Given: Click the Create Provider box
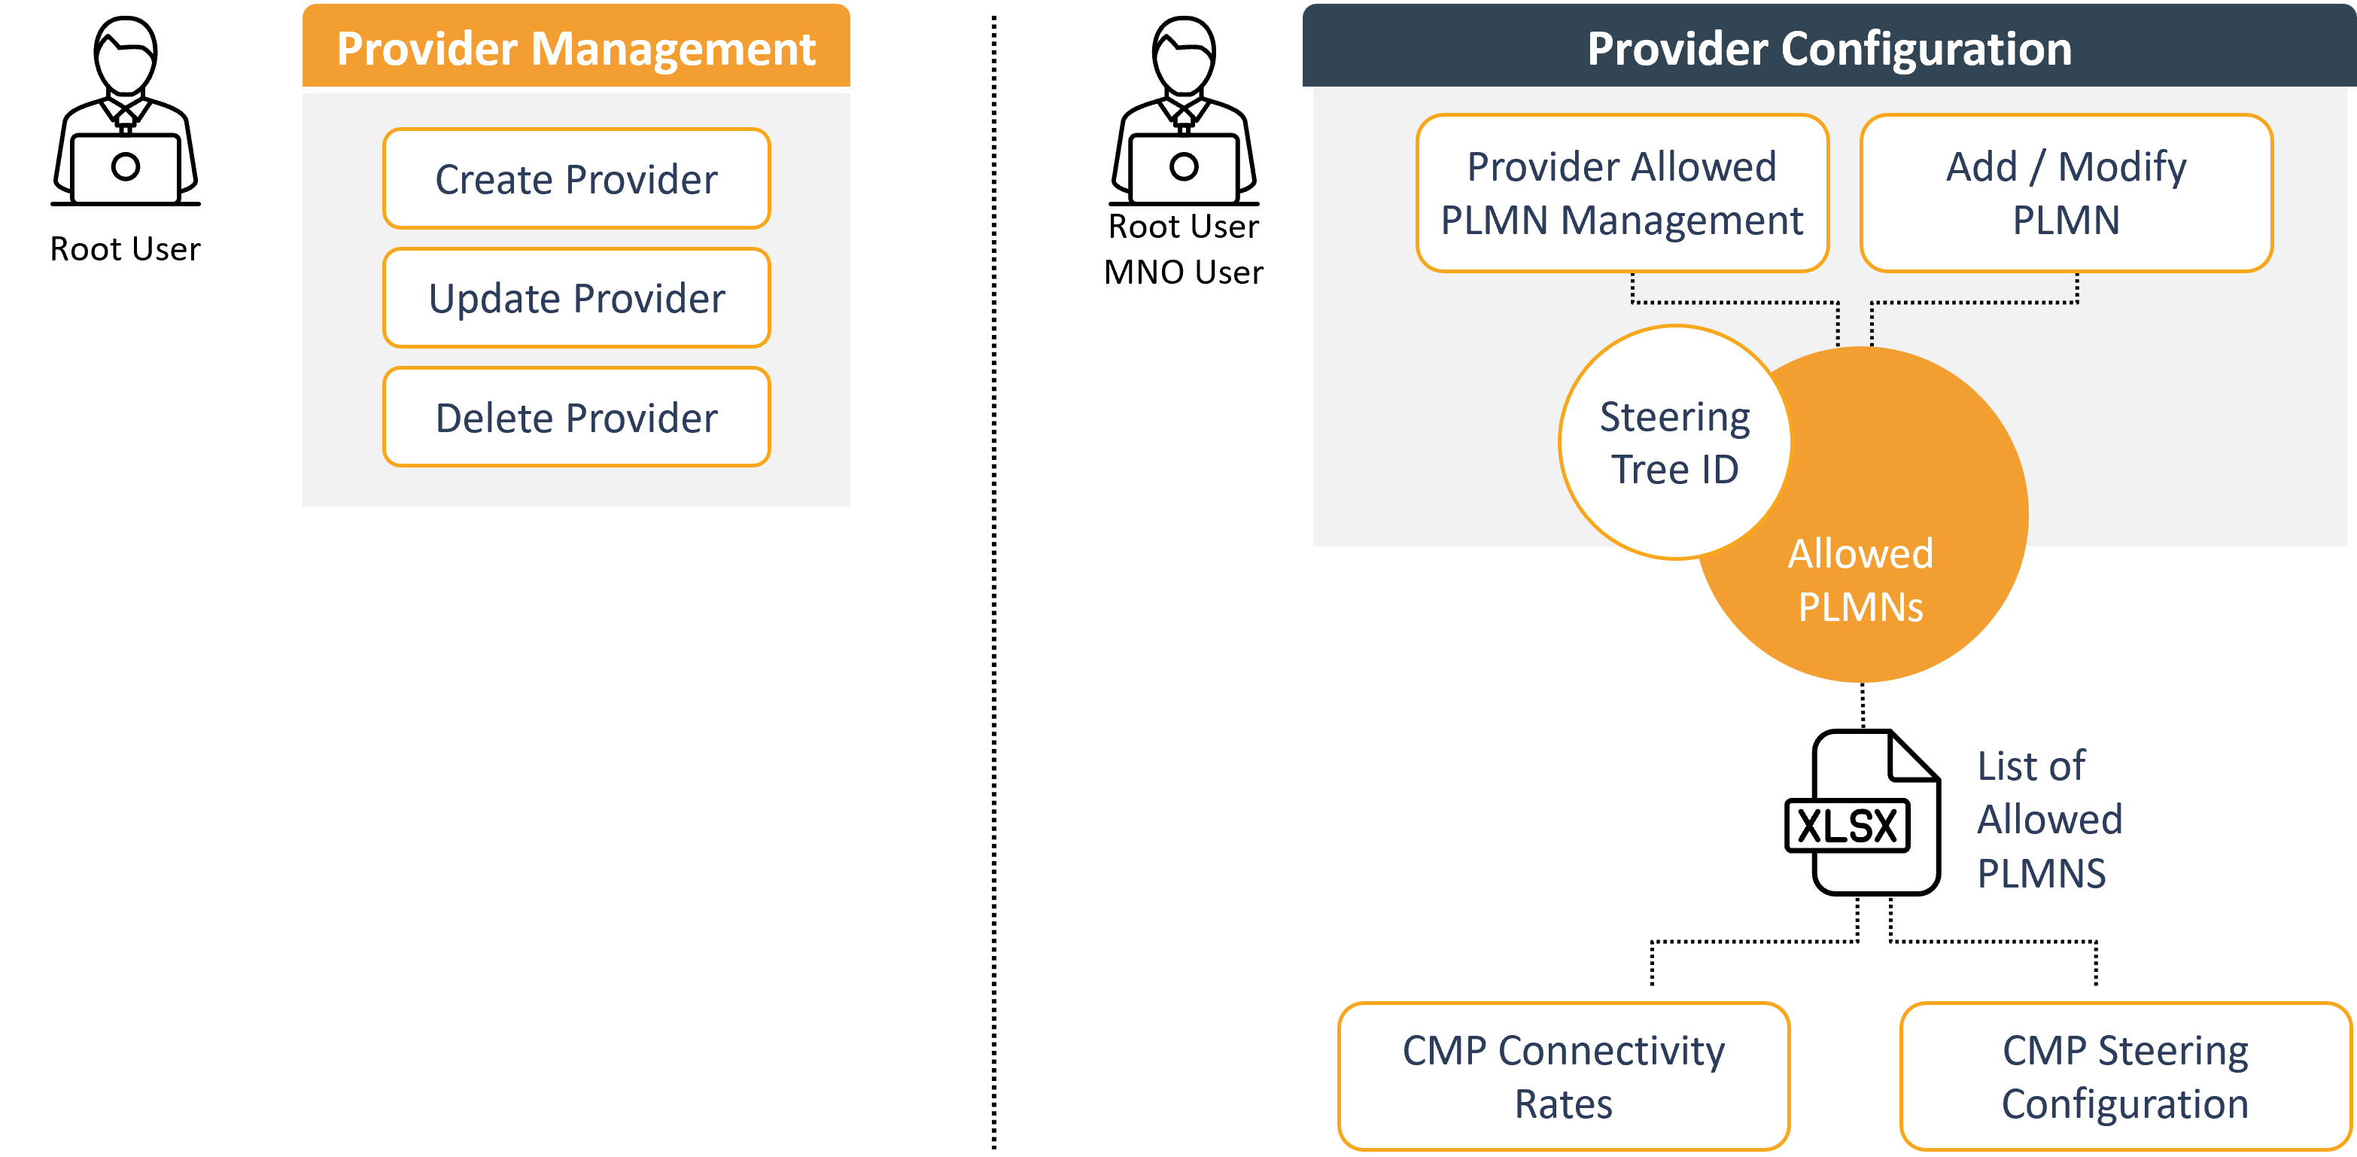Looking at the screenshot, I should pos(576,178).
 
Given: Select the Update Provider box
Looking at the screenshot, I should pos(576,297).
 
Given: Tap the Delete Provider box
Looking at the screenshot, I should pos(576,417).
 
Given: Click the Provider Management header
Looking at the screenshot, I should pos(576,47).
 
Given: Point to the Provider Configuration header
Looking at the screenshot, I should pos(1828,47).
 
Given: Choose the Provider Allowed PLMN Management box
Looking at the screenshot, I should pos(1621,193).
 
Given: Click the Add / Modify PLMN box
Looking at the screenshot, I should pos(2066,193).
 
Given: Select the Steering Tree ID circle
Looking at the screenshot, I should pos(1674,443).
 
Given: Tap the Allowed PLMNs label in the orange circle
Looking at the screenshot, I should pos(1860,580).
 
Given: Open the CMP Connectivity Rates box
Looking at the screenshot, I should pos(1563,1076).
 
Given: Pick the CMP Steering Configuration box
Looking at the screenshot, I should pos(2124,1076).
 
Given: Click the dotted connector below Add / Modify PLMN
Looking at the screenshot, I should pos(1975,302).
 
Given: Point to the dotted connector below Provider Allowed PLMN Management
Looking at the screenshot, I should pos(1735,302).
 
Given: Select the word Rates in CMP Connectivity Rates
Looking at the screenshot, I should pos(1563,1104).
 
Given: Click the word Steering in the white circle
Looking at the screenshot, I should pos(1674,417).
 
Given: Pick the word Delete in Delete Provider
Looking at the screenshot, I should pos(494,419).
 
